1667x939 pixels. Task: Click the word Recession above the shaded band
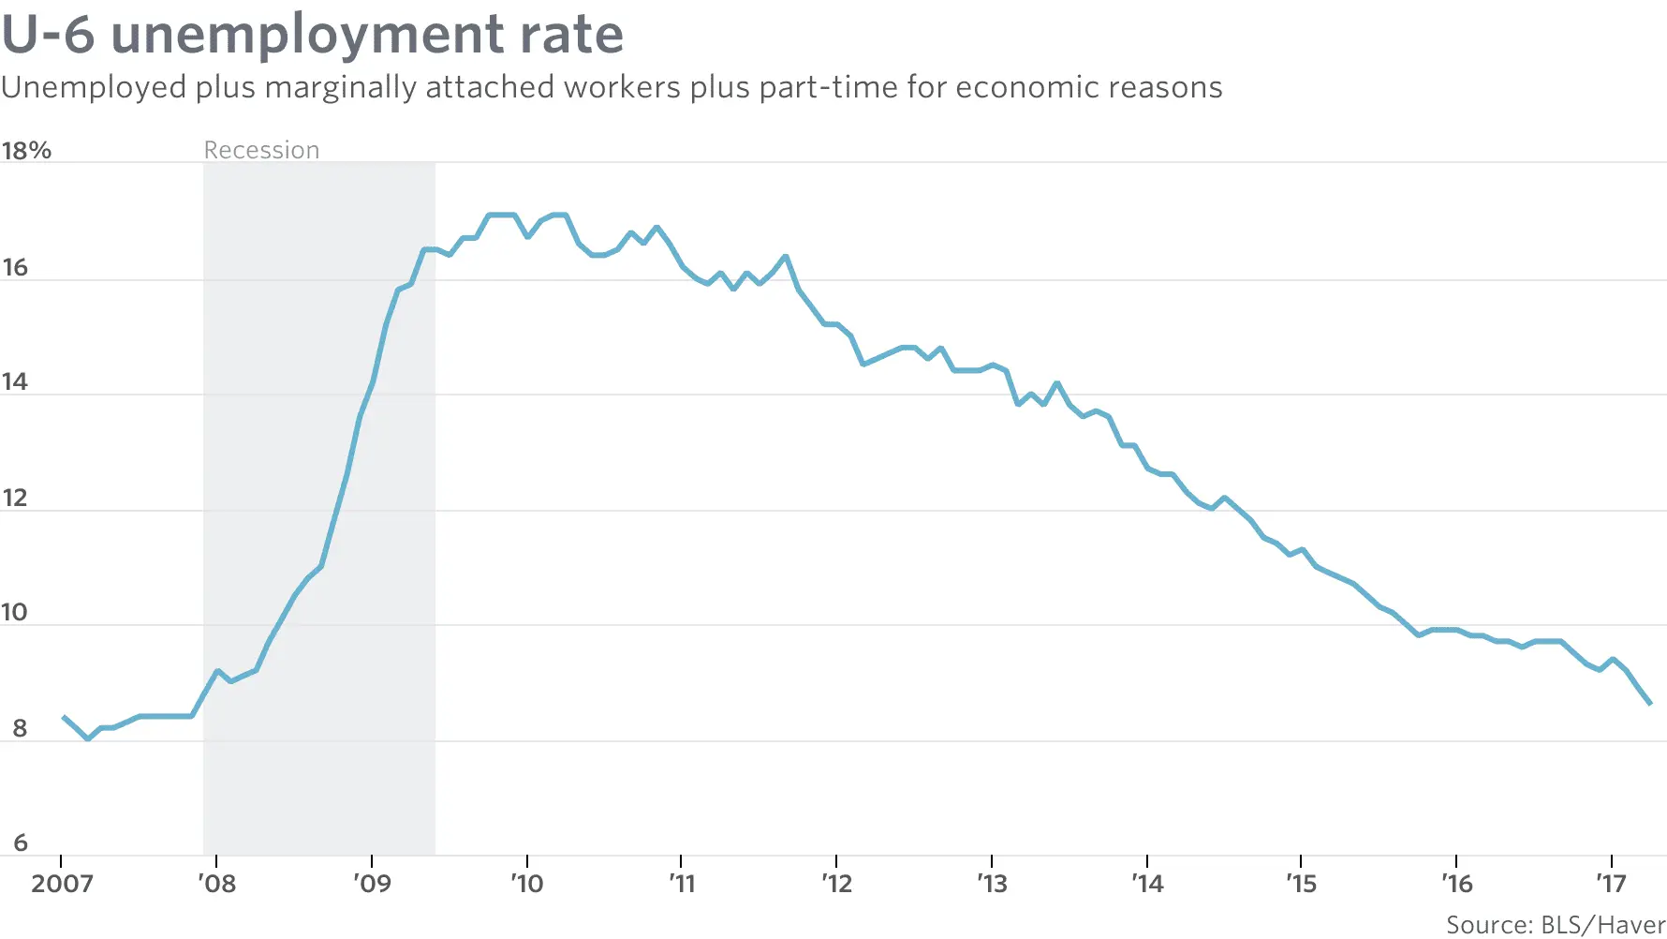coord(261,150)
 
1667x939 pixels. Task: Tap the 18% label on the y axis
coord(26,150)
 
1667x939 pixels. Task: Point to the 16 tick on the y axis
coord(15,267)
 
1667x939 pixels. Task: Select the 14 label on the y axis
coord(15,381)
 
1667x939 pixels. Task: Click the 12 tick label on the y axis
coord(15,498)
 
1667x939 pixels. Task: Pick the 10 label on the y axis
coord(15,612)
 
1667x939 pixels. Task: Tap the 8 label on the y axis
coord(19,728)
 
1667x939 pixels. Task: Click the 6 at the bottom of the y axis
coord(19,842)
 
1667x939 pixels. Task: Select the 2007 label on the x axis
coord(62,884)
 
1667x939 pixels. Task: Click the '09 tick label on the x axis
coord(373,884)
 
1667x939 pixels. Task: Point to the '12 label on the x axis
coord(836,884)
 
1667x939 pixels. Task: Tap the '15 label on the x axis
coord(1301,884)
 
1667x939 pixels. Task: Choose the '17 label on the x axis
coord(1611,884)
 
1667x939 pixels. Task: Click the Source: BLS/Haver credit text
coord(1555,925)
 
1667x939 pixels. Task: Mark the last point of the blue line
coord(1650,703)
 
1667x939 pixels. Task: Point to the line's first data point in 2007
coord(64,717)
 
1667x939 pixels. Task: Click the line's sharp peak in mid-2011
coord(785,256)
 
